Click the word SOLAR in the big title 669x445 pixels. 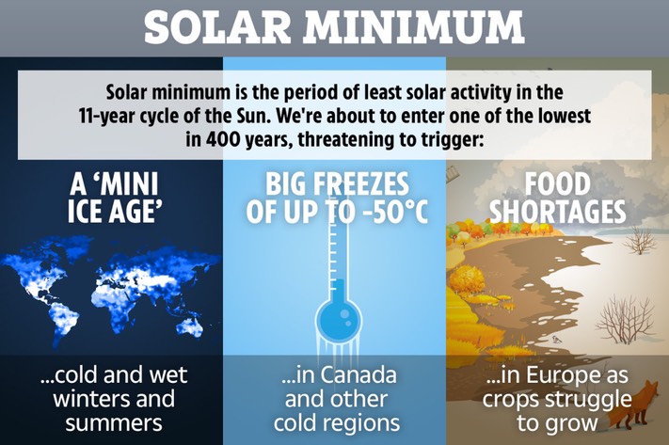[217, 26]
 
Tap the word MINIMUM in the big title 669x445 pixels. [413, 26]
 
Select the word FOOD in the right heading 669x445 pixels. [557, 184]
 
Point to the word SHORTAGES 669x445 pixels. [557, 211]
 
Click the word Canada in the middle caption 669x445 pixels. [358, 375]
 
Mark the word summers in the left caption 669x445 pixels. [114, 423]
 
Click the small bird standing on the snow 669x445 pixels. [556, 339]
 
